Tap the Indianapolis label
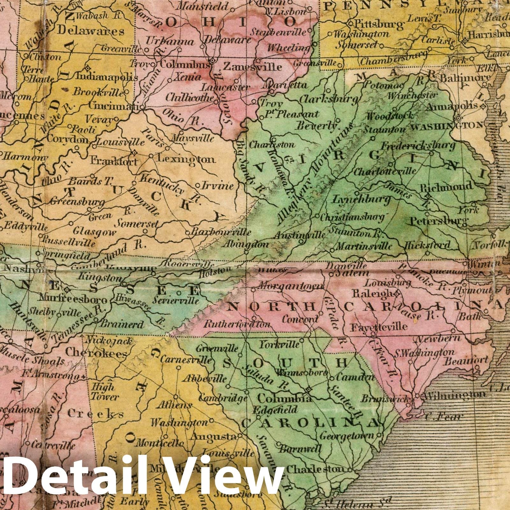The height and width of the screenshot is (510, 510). tap(107, 77)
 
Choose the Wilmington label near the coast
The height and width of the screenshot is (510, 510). tap(454, 395)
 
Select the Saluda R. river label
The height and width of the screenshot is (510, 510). tap(258, 378)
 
